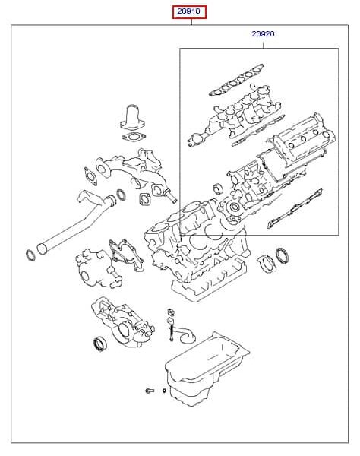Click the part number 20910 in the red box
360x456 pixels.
point(189,11)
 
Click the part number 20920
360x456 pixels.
point(263,34)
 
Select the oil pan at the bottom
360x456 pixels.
point(207,369)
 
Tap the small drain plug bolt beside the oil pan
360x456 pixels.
point(150,391)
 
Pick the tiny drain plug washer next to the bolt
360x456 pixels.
point(164,391)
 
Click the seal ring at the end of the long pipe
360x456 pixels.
point(30,255)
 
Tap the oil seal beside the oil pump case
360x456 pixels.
point(99,344)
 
